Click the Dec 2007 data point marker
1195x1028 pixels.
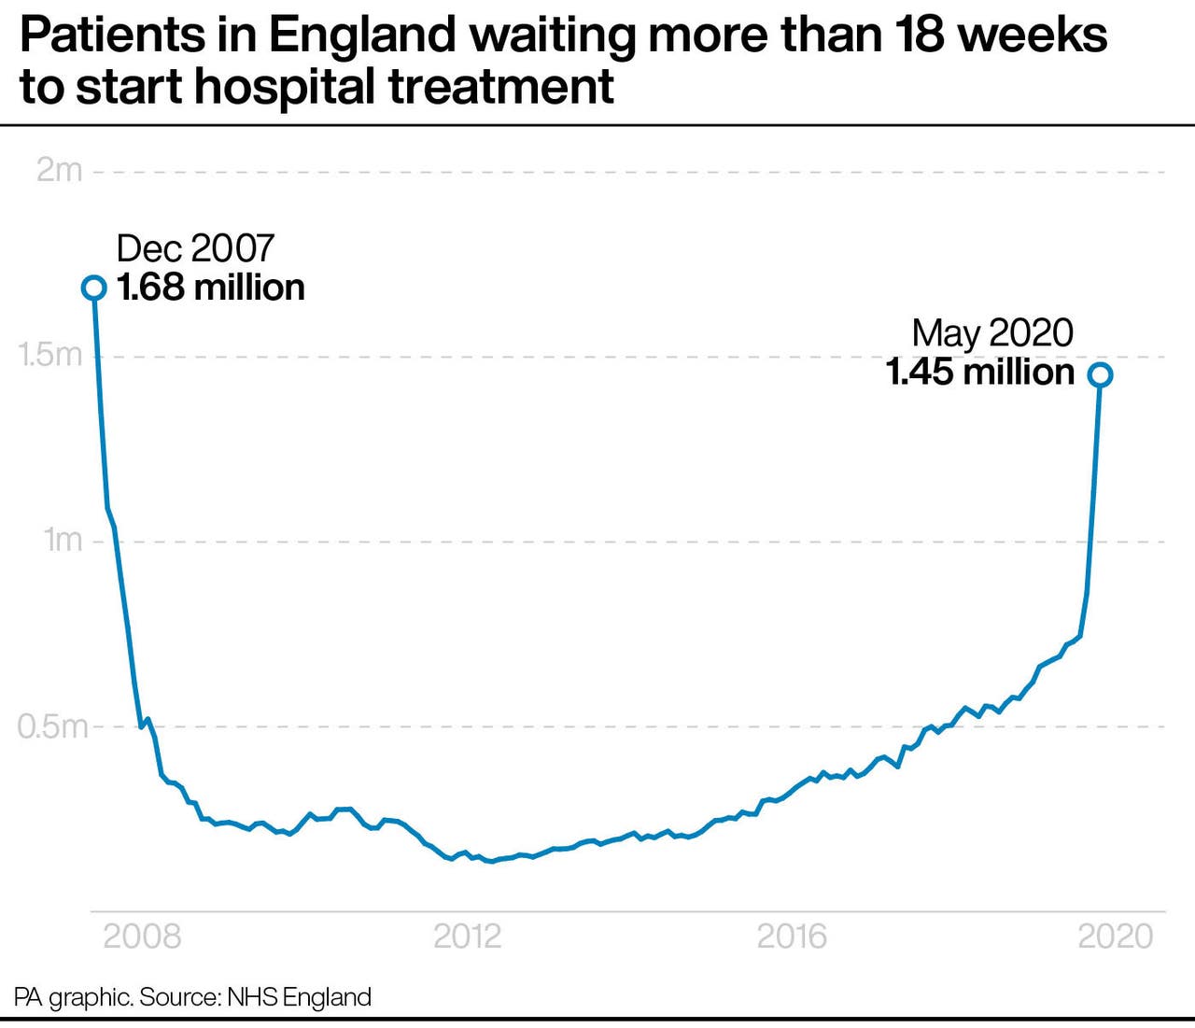93,288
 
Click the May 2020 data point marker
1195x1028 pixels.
1101,374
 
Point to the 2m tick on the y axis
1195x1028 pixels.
59,171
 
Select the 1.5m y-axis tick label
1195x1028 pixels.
50,356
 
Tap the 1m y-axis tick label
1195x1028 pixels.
63,540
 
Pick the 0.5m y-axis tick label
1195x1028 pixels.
52,725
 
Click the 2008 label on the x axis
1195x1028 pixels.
142,936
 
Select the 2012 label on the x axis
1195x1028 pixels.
467,936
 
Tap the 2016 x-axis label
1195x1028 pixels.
792,936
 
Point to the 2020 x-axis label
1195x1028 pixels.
1116,936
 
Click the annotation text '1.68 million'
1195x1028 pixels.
211,288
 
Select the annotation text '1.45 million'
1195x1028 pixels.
979,373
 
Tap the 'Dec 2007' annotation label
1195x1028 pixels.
195,248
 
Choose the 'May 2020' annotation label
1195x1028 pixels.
991,333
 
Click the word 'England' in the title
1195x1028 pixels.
363,36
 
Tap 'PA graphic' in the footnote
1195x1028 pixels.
72,997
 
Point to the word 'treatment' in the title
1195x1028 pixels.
501,87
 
